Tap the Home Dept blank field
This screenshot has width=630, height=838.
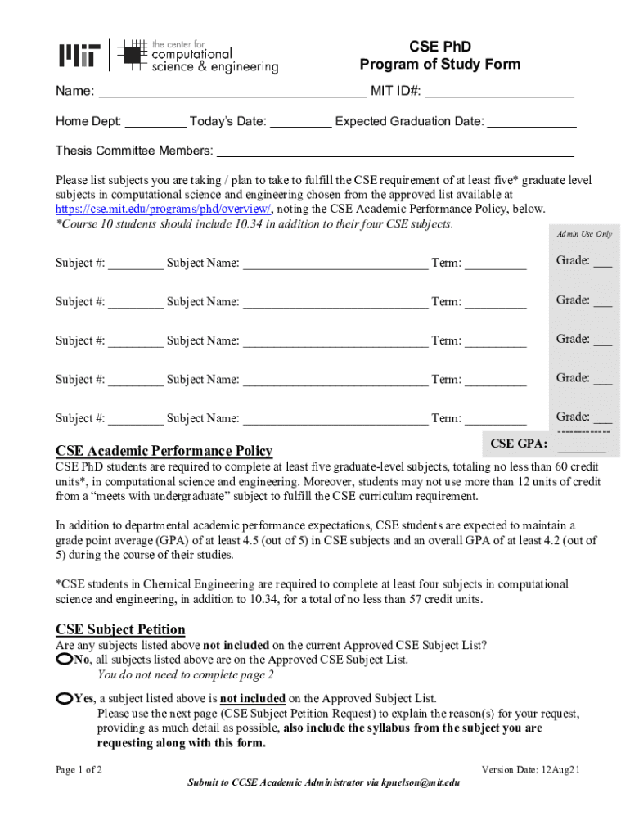point(155,122)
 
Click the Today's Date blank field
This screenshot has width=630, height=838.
point(300,122)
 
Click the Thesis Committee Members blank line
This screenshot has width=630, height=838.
point(394,151)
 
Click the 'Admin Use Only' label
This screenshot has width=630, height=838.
point(584,234)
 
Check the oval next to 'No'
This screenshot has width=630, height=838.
point(65,659)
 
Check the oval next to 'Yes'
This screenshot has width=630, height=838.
point(65,698)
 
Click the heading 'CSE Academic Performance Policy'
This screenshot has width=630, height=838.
point(164,451)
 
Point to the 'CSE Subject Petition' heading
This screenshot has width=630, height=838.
point(120,629)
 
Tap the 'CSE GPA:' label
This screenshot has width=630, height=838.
point(519,444)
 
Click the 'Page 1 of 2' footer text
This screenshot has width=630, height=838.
point(79,769)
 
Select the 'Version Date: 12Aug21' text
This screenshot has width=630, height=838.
point(531,769)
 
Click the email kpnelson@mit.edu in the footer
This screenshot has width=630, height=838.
point(421,782)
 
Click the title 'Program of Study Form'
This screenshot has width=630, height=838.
point(439,65)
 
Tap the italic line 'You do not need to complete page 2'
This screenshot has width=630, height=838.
point(186,675)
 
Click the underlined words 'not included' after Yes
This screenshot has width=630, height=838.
point(252,698)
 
